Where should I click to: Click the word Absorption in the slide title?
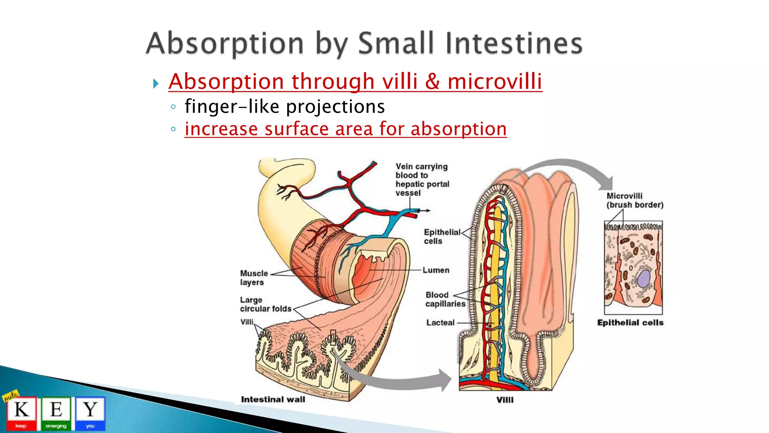point(225,44)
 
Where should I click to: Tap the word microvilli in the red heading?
point(495,82)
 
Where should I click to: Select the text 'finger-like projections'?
point(284,106)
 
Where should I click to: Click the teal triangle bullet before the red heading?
point(156,83)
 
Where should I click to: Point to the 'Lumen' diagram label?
point(436,270)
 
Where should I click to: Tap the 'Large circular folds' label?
point(265,304)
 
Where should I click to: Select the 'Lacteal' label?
point(440,322)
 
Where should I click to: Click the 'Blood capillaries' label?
point(445,299)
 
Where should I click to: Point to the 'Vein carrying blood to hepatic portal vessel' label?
point(422,180)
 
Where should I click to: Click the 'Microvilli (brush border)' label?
point(635,200)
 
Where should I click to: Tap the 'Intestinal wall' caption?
point(273,400)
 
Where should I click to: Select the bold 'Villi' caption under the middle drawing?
point(505,400)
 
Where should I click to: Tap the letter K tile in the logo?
point(21,413)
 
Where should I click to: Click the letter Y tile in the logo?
point(90,413)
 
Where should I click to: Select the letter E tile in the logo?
point(56,413)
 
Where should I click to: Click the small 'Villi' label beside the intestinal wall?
point(247,322)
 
